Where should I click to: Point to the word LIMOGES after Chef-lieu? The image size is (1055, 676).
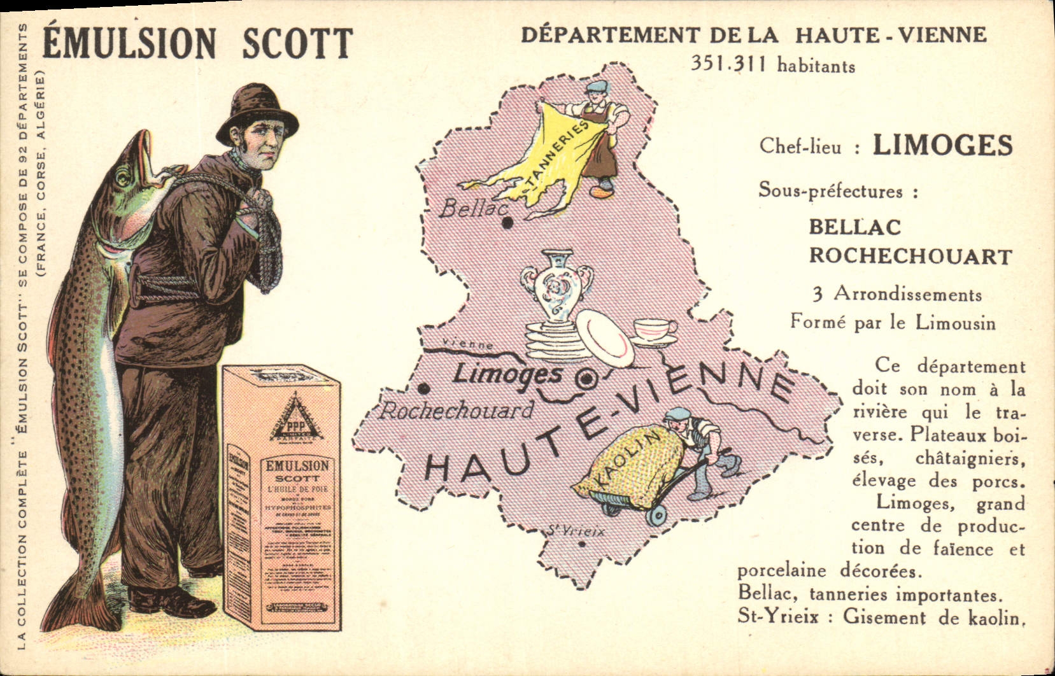[x=942, y=145]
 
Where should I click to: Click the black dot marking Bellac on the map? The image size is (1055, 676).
[x=507, y=223]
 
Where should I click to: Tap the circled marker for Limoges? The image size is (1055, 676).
[x=585, y=379]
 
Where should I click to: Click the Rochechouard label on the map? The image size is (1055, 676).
[x=456, y=411]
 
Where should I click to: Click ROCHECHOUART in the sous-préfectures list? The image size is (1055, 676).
[x=910, y=256]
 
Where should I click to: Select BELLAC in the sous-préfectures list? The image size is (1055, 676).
[x=854, y=227]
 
